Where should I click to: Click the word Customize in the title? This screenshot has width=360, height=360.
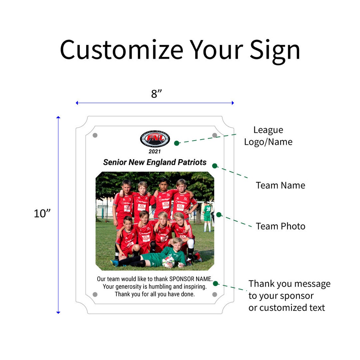click(122, 50)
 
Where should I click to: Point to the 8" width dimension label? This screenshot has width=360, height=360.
click(156, 94)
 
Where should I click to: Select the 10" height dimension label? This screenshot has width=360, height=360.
click(42, 213)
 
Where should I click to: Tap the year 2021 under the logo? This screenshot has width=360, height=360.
click(155, 152)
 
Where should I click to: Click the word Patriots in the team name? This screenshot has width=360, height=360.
click(192, 162)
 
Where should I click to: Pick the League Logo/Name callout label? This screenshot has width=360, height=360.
click(268, 136)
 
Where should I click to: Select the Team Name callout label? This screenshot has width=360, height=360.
click(280, 185)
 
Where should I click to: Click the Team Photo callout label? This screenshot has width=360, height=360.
click(280, 226)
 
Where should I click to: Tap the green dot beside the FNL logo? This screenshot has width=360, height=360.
click(177, 143)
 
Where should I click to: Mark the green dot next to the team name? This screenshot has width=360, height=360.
click(215, 166)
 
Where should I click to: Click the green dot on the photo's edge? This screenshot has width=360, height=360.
click(219, 215)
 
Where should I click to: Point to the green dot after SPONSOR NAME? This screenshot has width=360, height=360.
click(215, 284)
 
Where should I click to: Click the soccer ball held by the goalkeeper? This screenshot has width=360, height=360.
click(168, 262)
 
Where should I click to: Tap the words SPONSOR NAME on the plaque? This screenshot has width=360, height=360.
click(190, 279)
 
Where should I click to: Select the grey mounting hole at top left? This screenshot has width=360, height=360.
click(95, 135)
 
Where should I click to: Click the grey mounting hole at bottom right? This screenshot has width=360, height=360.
click(215, 295)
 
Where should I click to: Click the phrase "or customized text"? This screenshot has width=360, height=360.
click(286, 308)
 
